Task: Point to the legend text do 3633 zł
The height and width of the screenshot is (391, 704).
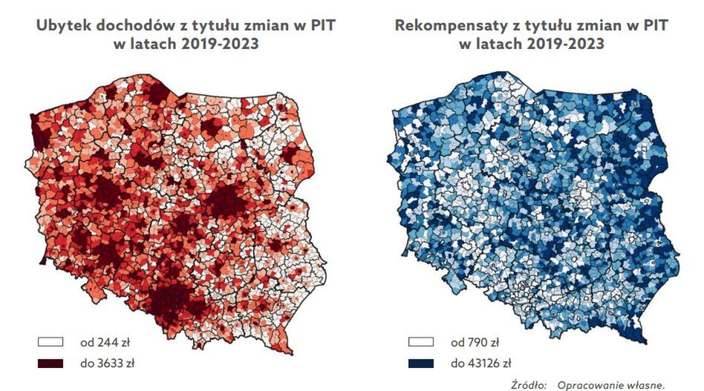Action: (108, 364)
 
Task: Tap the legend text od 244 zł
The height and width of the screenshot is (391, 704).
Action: (104, 343)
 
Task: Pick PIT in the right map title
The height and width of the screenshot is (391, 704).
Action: (653, 26)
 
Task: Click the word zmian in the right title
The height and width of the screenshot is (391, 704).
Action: (587, 26)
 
